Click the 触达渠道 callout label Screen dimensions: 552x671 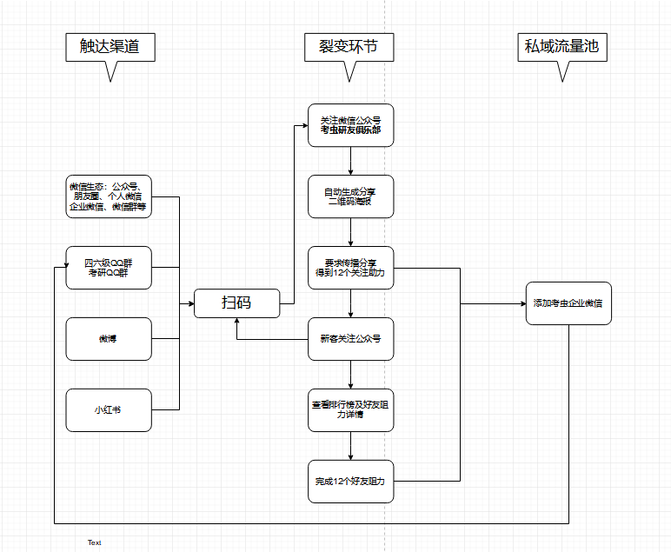coord(110,47)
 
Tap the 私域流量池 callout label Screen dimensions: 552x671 coord(561,47)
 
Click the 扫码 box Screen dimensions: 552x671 coord(236,303)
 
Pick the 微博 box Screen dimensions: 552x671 coord(109,339)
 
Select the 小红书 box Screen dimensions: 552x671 coord(109,409)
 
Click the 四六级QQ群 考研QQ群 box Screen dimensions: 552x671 coord(109,268)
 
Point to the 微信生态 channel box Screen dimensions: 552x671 coord(109,196)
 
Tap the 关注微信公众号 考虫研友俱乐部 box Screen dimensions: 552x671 coord(350,125)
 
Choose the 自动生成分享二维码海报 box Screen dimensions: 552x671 coord(350,196)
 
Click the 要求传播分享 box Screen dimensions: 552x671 coord(350,268)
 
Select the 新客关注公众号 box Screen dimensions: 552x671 coord(350,338)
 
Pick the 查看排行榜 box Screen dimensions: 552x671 coord(350,409)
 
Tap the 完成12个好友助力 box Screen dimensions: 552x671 coord(350,481)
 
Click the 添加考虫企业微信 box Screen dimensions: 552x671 coord(568,303)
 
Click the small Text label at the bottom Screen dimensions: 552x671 coord(94,542)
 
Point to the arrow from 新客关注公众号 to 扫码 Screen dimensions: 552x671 coord(269,338)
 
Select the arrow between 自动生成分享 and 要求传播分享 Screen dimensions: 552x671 coord(350,232)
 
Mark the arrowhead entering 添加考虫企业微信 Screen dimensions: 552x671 coord(521,303)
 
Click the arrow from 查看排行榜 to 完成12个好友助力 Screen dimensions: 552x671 coord(350,445)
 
